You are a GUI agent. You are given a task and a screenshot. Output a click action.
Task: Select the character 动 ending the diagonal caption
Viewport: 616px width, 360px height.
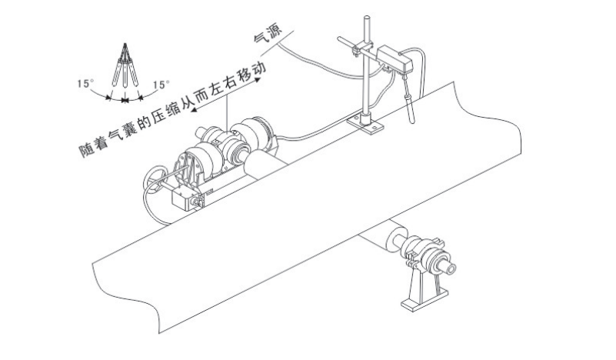261,68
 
